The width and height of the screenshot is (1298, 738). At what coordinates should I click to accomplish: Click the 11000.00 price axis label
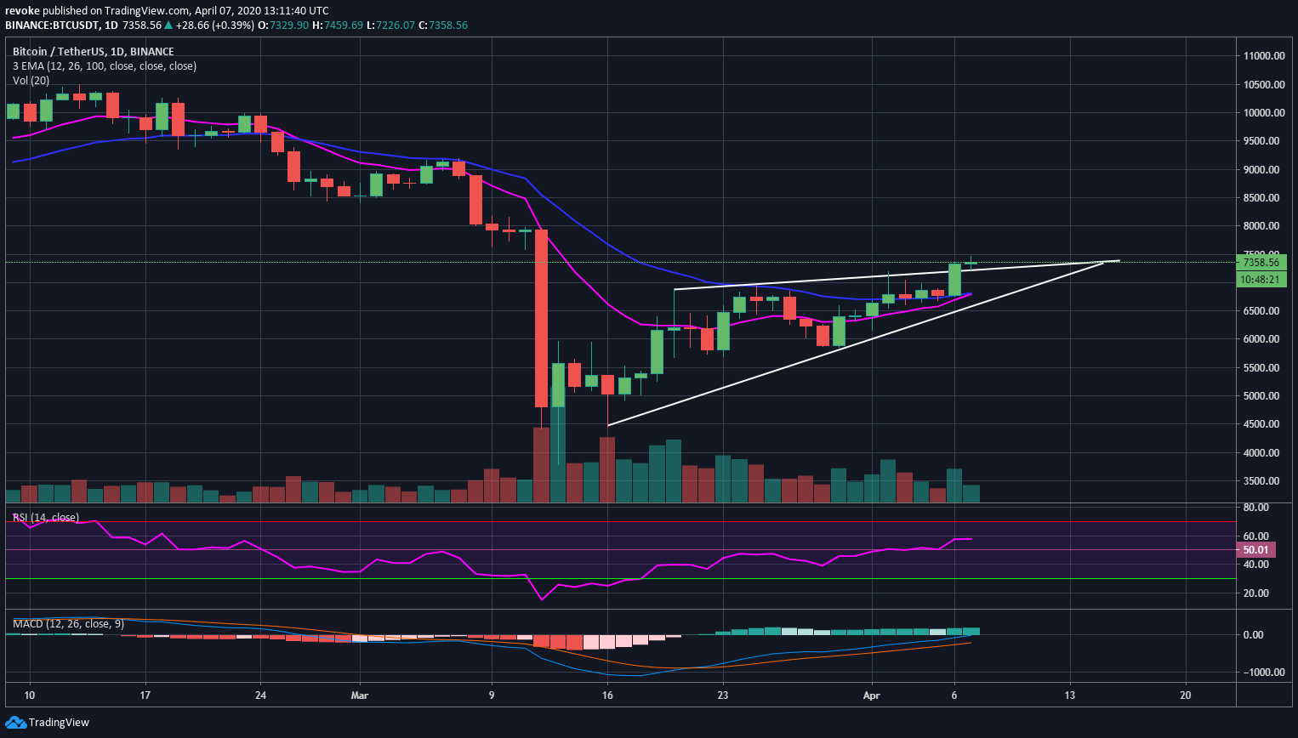[x=1263, y=56]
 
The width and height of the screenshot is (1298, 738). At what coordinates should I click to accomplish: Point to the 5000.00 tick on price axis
[x=1263, y=396]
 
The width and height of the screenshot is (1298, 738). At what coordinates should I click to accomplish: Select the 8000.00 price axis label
[x=1263, y=226]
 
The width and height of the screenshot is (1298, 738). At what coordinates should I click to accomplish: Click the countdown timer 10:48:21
[x=1260, y=279]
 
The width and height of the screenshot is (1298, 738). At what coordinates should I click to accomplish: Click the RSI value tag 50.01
[x=1255, y=550]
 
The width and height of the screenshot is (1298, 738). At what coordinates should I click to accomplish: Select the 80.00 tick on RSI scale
[x=1256, y=508]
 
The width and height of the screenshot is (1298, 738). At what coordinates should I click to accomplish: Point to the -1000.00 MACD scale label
[x=1261, y=673]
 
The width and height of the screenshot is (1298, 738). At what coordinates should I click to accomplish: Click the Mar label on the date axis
[x=360, y=695]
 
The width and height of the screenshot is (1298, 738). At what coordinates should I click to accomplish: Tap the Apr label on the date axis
[x=872, y=695]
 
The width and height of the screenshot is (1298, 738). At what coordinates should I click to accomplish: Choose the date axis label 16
[x=607, y=695]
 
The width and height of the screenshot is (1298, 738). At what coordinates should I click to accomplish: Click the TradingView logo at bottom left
[x=48, y=723]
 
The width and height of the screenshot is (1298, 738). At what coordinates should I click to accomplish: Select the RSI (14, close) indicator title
[x=45, y=518]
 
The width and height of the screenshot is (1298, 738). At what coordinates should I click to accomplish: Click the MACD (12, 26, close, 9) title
[x=68, y=624]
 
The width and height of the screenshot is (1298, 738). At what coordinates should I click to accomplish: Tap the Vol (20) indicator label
[x=31, y=80]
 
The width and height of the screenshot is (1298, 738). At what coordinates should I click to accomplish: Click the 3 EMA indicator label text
[x=104, y=66]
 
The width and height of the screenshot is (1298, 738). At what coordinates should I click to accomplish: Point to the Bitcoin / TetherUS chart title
[x=93, y=52]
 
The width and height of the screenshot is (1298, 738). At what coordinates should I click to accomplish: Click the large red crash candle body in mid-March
[x=541, y=318]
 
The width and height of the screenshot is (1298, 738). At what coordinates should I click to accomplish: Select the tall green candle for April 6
[x=954, y=280]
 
